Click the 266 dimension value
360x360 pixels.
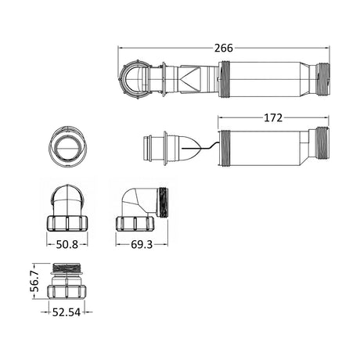[x=224, y=48]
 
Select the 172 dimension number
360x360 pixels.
[x=273, y=118]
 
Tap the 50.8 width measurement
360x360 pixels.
[x=67, y=244]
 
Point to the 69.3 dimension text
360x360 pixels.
[x=142, y=244]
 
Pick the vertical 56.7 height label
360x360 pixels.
[x=34, y=281]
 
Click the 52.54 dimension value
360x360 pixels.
[x=67, y=312]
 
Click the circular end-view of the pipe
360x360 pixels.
[x=67, y=146]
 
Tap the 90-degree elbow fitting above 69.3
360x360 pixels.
[x=142, y=209]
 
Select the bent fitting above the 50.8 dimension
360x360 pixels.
[x=67, y=208]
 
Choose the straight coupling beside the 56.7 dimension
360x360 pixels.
[x=67, y=281]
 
